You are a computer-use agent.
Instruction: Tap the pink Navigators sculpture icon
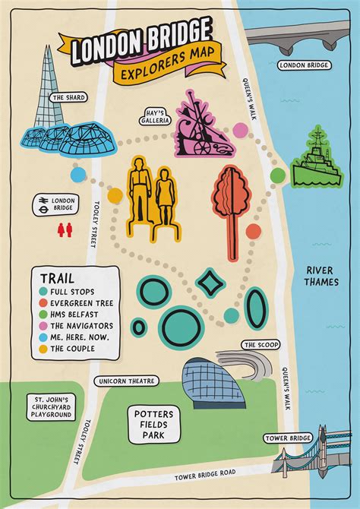pos(200,125)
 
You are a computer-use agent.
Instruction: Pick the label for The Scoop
pos(258,345)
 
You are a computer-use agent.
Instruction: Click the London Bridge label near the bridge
pos(303,65)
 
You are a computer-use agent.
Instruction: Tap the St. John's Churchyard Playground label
pos(50,406)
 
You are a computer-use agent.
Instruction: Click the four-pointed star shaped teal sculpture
pos(210,284)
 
